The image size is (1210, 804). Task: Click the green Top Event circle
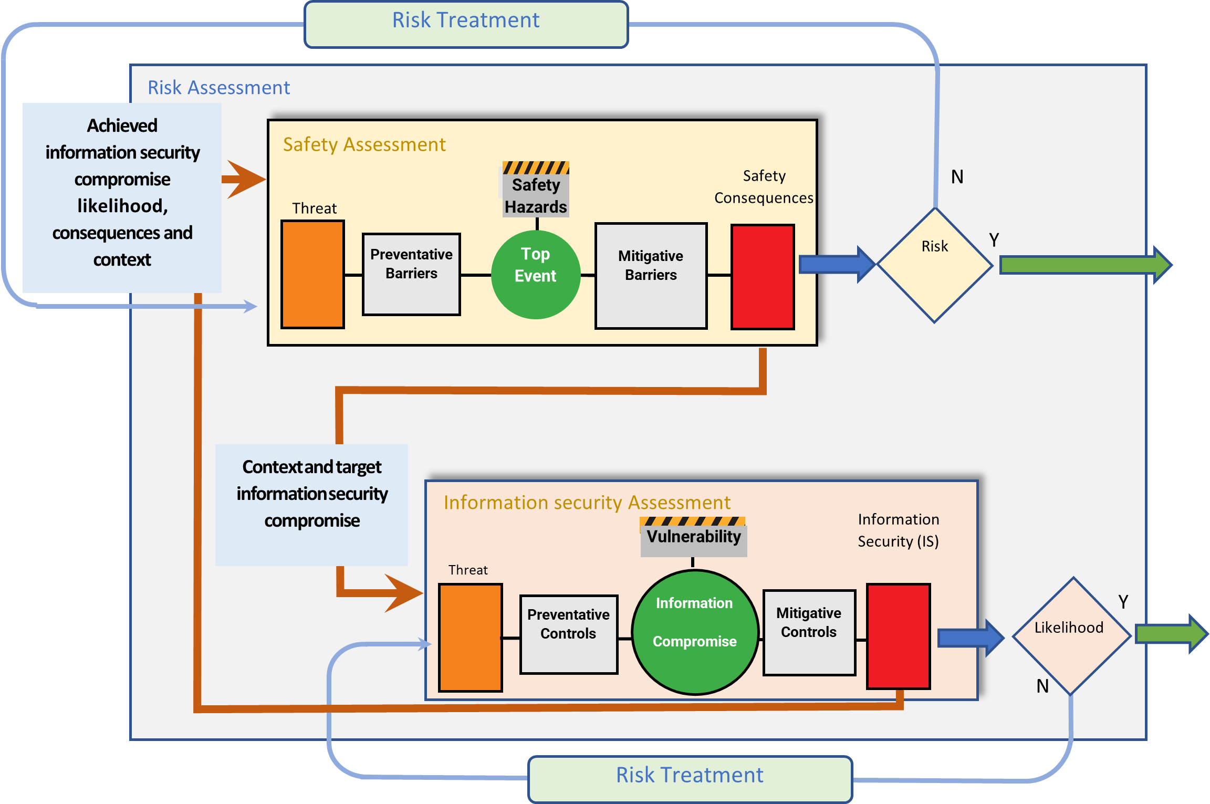(x=536, y=275)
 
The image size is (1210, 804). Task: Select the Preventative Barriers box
(x=411, y=274)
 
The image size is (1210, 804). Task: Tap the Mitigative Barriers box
(x=651, y=276)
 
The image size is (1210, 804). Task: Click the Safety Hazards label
(x=535, y=195)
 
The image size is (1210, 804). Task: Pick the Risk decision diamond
(x=935, y=265)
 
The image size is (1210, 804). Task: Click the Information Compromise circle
(x=694, y=632)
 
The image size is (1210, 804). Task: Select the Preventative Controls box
(x=568, y=634)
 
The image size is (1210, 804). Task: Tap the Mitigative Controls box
(x=809, y=632)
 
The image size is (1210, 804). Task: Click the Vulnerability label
(x=693, y=537)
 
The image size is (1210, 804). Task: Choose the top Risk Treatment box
(x=466, y=24)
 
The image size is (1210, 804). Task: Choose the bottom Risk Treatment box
(x=690, y=779)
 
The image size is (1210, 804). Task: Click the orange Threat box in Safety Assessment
(x=313, y=275)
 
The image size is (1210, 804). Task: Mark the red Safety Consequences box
(x=763, y=277)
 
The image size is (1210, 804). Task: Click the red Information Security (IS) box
(x=898, y=636)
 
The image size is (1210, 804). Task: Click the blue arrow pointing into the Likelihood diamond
(x=969, y=638)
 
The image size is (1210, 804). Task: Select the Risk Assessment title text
(x=218, y=88)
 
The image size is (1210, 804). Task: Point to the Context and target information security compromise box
(x=311, y=504)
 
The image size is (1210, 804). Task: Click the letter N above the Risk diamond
(x=957, y=177)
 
